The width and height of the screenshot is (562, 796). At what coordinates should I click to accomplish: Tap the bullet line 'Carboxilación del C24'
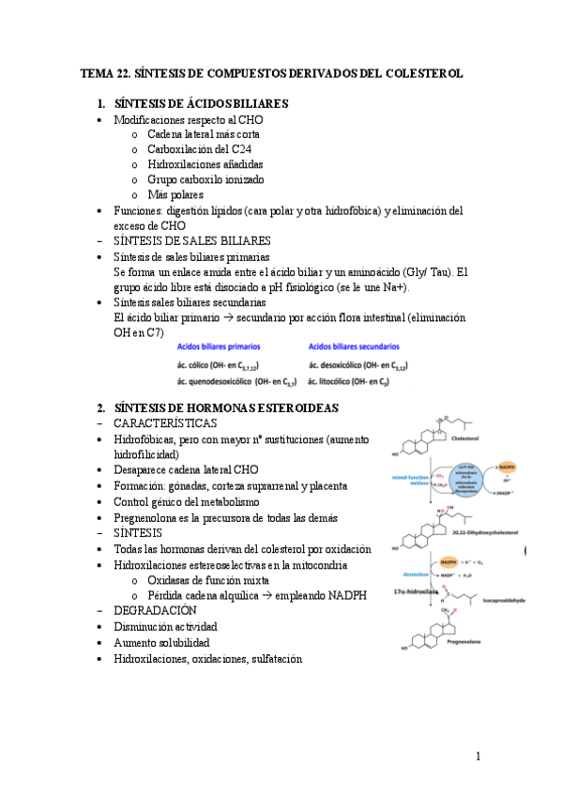pyautogui.click(x=198, y=148)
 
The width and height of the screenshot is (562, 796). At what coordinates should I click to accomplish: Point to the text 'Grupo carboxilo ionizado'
pyautogui.click(x=205, y=179)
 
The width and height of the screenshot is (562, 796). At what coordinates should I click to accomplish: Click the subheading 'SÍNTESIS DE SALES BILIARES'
pyautogui.click(x=191, y=240)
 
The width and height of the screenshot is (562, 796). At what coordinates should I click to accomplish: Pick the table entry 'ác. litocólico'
pyautogui.click(x=343, y=380)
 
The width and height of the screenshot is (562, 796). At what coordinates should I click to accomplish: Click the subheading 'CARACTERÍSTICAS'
pyautogui.click(x=167, y=423)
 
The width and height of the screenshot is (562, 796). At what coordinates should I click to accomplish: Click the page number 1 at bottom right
pyautogui.click(x=478, y=756)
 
